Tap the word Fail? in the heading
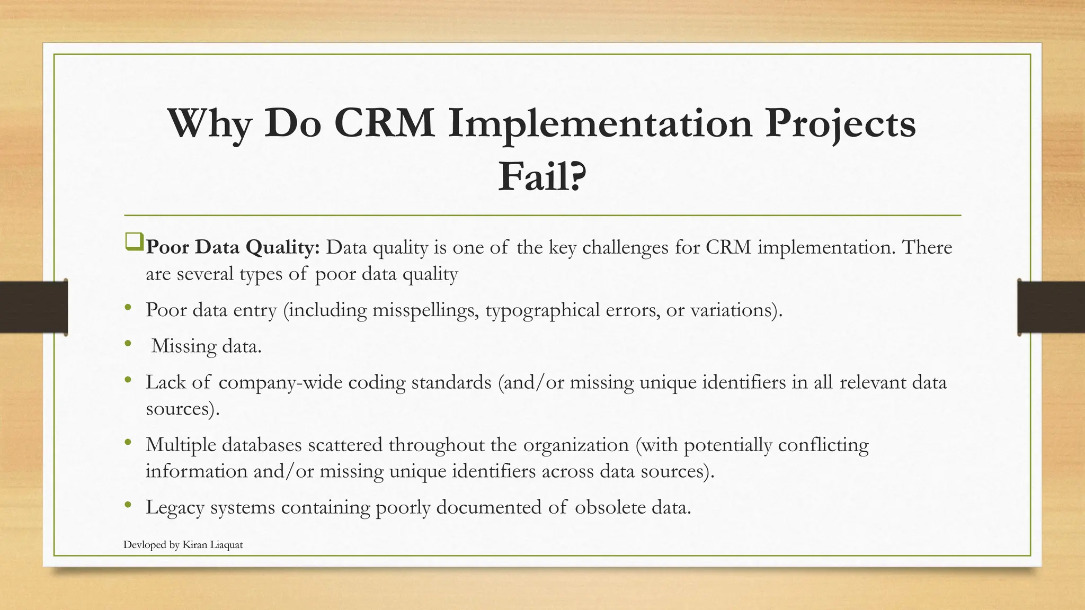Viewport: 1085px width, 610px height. (542, 177)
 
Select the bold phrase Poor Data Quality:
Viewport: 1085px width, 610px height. (233, 247)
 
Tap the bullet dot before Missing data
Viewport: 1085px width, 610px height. (128, 344)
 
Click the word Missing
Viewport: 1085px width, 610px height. (184, 346)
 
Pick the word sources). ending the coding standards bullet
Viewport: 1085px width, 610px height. (182, 409)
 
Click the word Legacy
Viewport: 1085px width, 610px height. (175, 507)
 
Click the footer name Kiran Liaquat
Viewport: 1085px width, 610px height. (212, 545)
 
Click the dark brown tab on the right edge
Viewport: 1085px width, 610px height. (1051, 307)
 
